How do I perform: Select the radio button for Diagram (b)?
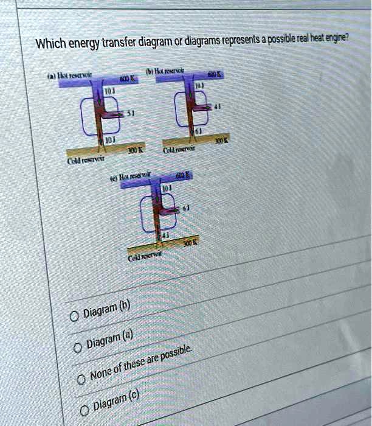[74, 317]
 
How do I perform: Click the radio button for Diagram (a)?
[77, 348]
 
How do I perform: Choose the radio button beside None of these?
[81, 380]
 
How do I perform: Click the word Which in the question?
[50, 44]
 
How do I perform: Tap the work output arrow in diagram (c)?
[171, 209]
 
